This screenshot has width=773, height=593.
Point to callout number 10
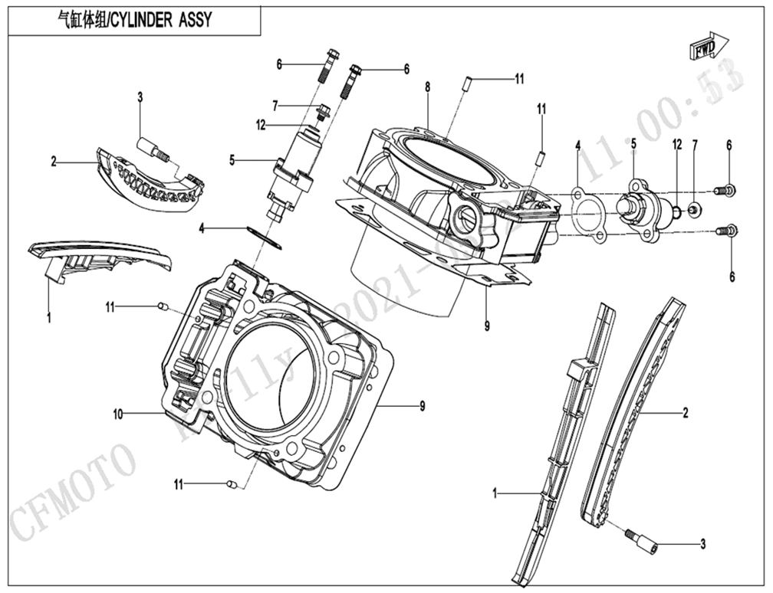(118, 414)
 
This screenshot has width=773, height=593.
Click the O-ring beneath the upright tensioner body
(265, 235)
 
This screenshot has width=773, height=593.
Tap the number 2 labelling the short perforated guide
(54, 162)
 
